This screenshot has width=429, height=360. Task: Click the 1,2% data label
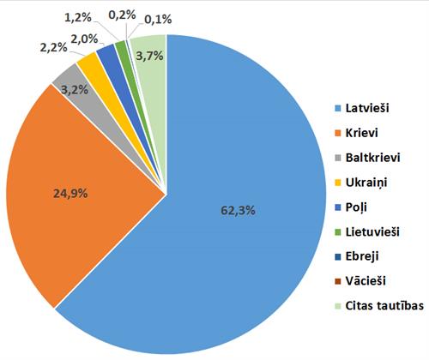pyautogui.click(x=106, y=16)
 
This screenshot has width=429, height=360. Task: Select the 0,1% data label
pyautogui.click(x=181, y=18)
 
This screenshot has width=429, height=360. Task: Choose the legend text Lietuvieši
pyautogui.click(x=372, y=231)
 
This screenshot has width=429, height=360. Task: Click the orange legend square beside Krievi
pyautogui.click(x=337, y=133)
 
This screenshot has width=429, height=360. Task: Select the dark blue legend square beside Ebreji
pyautogui.click(x=337, y=256)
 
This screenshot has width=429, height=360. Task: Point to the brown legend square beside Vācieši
pyautogui.click(x=337, y=281)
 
